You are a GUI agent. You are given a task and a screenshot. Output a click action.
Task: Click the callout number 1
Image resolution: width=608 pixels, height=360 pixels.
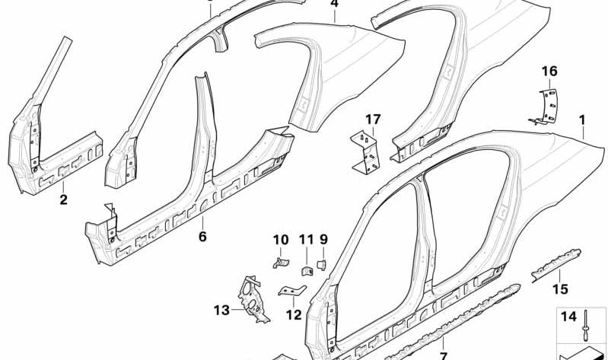(583, 119)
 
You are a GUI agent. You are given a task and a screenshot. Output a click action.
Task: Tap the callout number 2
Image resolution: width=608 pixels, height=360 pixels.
(64, 200)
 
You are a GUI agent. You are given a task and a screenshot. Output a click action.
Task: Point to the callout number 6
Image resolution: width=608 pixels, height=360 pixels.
(202, 237)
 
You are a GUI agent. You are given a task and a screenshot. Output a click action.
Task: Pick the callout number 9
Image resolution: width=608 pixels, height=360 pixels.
(323, 241)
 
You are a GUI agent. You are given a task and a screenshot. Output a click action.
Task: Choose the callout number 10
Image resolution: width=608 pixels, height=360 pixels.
(279, 241)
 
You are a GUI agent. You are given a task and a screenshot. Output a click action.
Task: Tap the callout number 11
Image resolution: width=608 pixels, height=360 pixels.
(305, 241)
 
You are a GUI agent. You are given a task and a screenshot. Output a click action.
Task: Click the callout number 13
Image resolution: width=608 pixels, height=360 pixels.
(221, 310)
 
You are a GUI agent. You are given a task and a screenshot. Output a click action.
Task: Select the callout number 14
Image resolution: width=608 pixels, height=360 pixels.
(567, 316)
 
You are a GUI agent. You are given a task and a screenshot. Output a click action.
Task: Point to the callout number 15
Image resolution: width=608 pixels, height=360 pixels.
(560, 288)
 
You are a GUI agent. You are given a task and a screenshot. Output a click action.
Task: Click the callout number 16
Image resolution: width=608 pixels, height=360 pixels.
(549, 72)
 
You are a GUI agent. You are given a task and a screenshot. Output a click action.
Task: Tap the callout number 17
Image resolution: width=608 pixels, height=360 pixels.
(372, 119)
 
